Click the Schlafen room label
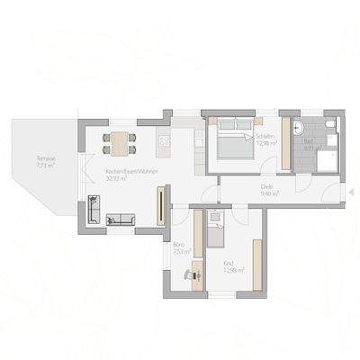tap(265, 136)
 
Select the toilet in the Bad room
tap(329, 124)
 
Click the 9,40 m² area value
tap(269, 193)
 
